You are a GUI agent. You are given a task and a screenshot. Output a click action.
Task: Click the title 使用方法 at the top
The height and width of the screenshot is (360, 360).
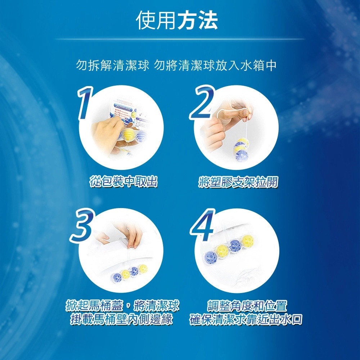(177, 20)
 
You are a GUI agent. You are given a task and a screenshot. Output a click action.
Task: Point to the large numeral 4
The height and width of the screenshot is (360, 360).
(203, 227)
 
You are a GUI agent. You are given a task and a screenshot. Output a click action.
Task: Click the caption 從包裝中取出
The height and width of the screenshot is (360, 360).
(123, 182)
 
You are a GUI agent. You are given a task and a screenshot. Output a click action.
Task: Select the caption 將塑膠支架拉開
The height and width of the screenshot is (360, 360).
(238, 183)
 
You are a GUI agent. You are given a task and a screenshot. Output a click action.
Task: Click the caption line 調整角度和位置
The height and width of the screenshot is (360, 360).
(247, 306)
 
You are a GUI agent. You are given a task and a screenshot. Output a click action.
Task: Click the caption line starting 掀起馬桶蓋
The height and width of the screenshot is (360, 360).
(122, 306)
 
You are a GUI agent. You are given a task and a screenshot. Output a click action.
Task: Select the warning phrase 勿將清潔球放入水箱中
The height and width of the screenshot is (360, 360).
(215, 66)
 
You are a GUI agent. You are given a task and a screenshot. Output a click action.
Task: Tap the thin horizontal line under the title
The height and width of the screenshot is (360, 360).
(180, 39)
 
